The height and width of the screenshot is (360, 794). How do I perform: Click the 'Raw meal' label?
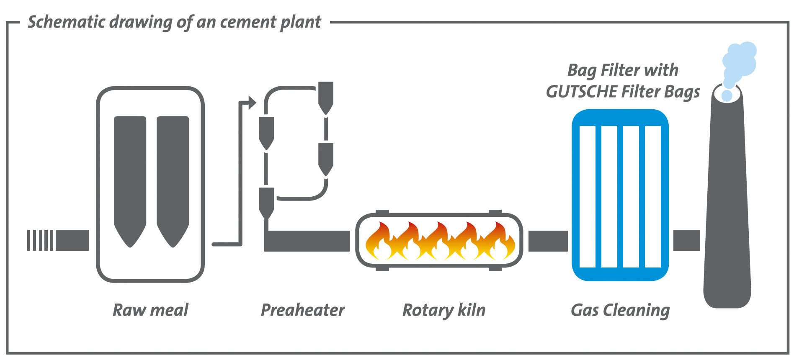click(x=150, y=310)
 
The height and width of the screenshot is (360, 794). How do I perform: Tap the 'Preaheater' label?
click(x=302, y=310)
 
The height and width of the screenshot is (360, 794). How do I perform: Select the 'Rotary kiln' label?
click(x=444, y=310)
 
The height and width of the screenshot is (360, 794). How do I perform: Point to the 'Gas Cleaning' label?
click(x=620, y=310)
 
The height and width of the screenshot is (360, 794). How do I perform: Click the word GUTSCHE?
click(x=581, y=92)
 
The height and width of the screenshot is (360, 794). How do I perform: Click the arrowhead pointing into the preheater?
click(x=252, y=102)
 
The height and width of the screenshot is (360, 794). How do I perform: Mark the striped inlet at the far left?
click(x=40, y=240)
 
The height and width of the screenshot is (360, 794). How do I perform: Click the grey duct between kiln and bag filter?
click(x=548, y=241)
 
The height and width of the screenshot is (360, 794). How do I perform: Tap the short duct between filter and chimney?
click(x=686, y=240)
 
